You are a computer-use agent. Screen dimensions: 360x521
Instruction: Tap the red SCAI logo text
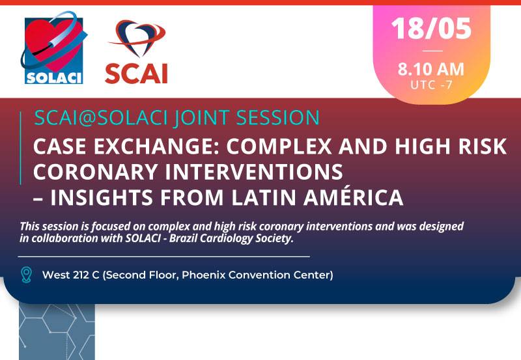137,73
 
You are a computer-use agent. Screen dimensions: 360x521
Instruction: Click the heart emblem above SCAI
137,39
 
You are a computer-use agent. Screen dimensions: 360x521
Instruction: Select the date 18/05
431,29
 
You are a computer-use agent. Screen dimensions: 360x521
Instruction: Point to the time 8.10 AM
431,70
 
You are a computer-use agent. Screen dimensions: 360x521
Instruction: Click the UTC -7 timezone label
431,85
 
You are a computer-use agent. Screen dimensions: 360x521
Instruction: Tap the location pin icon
27,274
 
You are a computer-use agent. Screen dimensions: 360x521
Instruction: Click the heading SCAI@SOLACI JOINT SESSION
176,118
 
